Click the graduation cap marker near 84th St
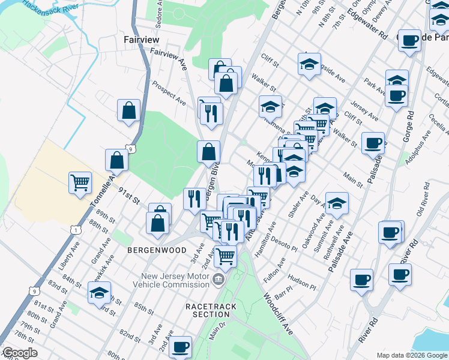[x=99, y=293]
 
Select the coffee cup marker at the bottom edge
[x=180, y=347]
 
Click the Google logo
[x=20, y=353]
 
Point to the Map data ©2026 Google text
[x=411, y=355]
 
